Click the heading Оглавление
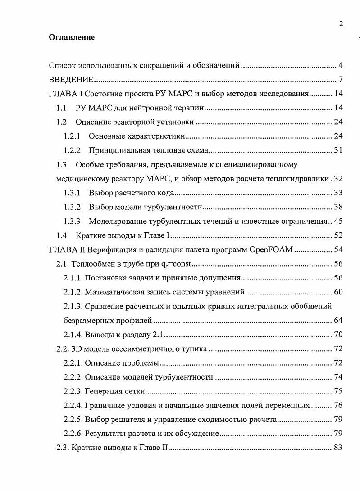[x=72, y=38]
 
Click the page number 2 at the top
[x=341, y=24]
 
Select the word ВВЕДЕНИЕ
[x=71, y=80]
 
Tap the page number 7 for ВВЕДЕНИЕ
[x=341, y=80]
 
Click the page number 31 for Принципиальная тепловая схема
[x=338, y=150]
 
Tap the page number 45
[x=338, y=221]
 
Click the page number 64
[x=338, y=320]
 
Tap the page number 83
[x=338, y=448]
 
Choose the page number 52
[x=338, y=235]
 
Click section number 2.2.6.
[x=73, y=434]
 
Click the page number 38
[x=338, y=207]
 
